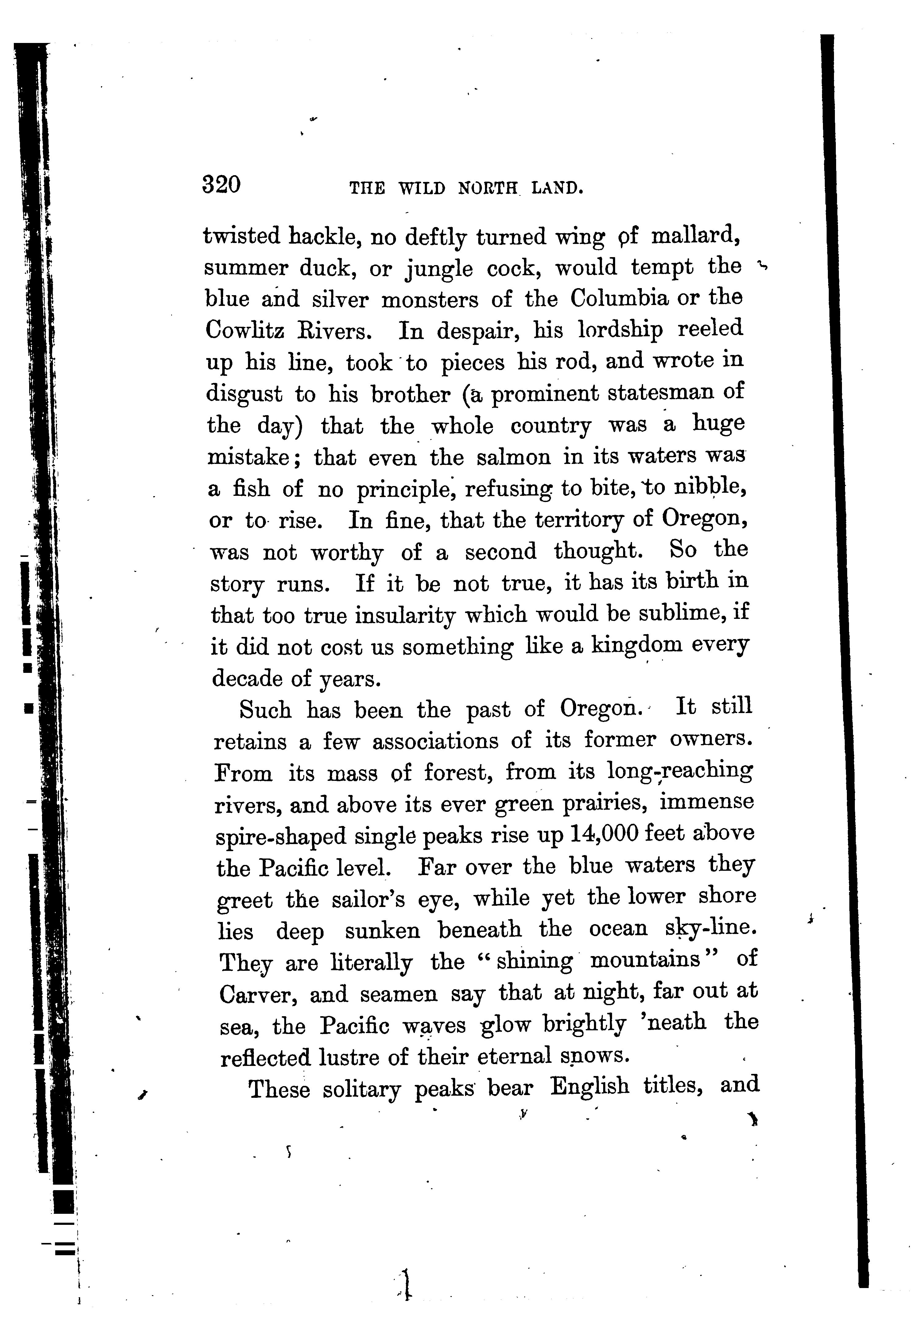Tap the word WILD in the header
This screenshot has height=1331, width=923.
422,188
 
